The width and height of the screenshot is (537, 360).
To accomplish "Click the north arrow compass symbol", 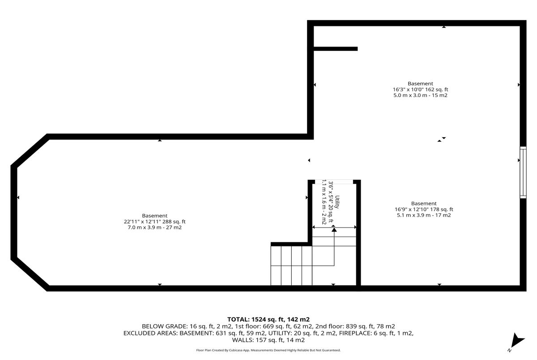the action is click(x=517, y=341).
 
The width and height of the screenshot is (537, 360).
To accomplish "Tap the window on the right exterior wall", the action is click(x=523, y=173).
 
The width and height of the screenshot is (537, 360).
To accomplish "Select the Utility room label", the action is click(x=337, y=202).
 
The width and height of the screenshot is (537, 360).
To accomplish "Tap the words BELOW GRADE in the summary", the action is click(x=164, y=326).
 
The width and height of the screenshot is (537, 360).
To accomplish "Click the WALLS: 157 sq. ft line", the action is click(x=268, y=340).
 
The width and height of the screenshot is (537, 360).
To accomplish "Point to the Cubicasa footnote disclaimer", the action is click(x=268, y=350).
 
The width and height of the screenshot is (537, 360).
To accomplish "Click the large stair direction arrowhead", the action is click(x=334, y=230).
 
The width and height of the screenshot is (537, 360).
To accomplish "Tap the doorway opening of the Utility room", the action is click(x=334, y=182).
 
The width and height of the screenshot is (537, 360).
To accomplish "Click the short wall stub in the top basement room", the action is click(x=336, y=49).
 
